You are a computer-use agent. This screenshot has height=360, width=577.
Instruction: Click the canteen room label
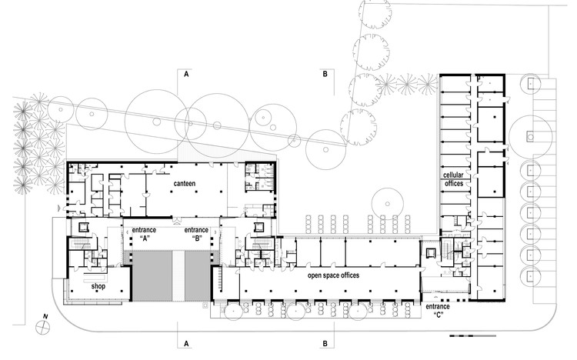tap(185, 183)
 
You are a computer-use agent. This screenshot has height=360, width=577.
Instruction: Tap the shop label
tap(98, 286)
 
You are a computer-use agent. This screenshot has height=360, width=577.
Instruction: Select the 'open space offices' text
tap(333, 275)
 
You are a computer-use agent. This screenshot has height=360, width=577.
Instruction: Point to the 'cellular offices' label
tap(453, 179)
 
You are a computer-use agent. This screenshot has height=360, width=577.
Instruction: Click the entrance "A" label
tap(144, 234)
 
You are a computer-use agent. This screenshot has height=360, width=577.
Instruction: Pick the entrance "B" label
tap(196, 234)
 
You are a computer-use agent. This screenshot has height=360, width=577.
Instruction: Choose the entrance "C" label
tap(438, 310)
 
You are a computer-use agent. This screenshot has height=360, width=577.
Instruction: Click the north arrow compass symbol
tap(42, 327)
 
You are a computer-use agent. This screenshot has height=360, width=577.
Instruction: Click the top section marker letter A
tap(187, 75)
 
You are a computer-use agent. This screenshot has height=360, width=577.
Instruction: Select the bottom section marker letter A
tap(187, 344)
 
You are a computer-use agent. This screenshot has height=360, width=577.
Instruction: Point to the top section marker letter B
tap(325, 75)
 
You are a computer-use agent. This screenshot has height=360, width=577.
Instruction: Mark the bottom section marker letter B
tap(325, 344)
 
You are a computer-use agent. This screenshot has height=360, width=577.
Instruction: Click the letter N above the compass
tap(45, 316)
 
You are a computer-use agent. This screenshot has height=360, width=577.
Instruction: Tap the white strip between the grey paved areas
tap(178, 275)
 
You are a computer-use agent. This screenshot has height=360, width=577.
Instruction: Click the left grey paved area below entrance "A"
tap(152, 275)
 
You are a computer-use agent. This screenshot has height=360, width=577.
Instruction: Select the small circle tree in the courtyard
tap(388, 204)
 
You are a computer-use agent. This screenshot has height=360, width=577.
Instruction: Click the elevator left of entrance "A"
tap(84, 227)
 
